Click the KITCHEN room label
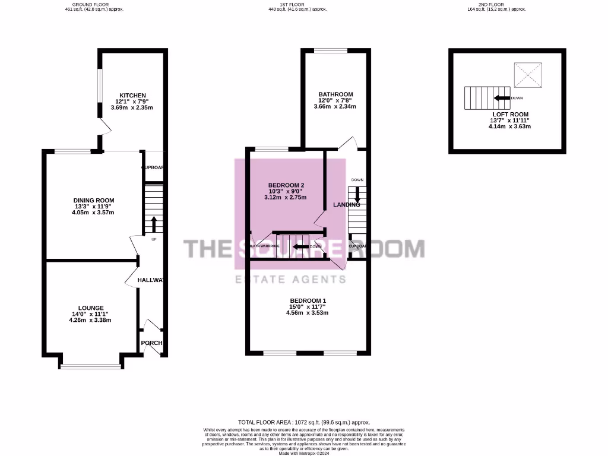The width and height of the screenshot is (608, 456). pyautogui.click(x=132, y=96)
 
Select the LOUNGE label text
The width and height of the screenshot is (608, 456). pyautogui.click(x=90, y=308)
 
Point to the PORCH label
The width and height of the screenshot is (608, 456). pyautogui.click(x=151, y=343)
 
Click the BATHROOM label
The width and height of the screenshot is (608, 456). pyautogui.click(x=335, y=94)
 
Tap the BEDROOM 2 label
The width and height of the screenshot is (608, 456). pyautogui.click(x=284, y=185)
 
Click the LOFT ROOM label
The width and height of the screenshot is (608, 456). pyautogui.click(x=510, y=114)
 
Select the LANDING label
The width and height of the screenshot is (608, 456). pyautogui.click(x=346, y=205)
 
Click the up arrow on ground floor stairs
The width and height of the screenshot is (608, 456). pyautogui.click(x=153, y=224)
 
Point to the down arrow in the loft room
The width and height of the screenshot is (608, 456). pyautogui.click(x=502, y=98)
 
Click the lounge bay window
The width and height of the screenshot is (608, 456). pyautogui.click(x=90, y=366)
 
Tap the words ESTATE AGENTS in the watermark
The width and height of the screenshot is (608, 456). pyautogui.click(x=303, y=280)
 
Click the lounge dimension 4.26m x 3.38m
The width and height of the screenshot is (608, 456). pyautogui.click(x=90, y=320)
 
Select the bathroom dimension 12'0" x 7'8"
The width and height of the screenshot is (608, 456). pyautogui.click(x=335, y=100)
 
